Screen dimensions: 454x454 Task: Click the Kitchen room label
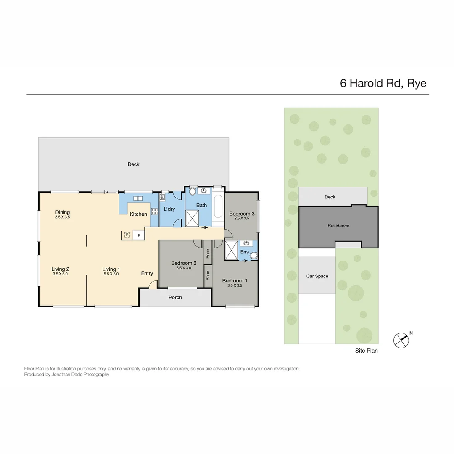click(x=138, y=214)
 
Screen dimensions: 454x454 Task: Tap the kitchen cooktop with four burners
click(x=154, y=211)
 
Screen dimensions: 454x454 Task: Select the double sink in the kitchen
click(x=138, y=198)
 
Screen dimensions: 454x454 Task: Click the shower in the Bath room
click(x=193, y=218)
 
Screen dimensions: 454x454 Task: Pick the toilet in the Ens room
click(x=253, y=255)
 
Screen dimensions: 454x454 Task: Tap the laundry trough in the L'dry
click(x=162, y=197)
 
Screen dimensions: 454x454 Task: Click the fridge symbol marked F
click(x=127, y=235)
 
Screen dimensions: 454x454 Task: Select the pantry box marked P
click(x=139, y=235)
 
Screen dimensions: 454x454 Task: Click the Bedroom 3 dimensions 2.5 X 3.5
click(x=242, y=219)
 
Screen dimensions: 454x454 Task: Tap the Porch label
click(x=175, y=297)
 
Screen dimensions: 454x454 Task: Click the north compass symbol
click(x=401, y=340)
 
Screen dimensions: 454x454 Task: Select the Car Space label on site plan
click(x=317, y=276)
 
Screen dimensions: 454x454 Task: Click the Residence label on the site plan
click(x=338, y=226)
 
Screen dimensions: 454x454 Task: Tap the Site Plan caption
click(x=366, y=351)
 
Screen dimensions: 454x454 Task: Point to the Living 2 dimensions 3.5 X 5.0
click(x=60, y=274)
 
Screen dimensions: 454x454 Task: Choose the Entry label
click(x=147, y=273)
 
